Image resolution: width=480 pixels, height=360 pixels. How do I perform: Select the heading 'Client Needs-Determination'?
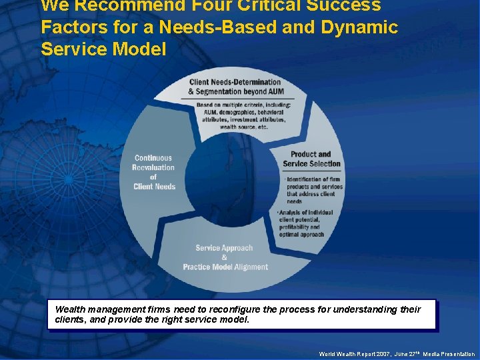click(x=235, y=83)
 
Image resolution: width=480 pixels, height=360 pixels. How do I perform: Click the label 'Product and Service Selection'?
click(x=311, y=159)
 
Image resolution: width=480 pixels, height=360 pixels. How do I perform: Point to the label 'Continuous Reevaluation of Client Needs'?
click(x=154, y=172)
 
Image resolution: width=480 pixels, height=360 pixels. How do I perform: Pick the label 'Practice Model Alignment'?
click(x=225, y=267)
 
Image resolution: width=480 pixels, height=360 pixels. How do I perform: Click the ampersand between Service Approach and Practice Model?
click(x=224, y=257)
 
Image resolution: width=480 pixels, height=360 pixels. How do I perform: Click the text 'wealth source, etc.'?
click(x=244, y=127)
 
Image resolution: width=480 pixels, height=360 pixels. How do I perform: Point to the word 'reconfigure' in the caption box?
click(x=248, y=309)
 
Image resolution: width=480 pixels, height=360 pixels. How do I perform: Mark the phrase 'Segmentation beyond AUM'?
click(x=236, y=91)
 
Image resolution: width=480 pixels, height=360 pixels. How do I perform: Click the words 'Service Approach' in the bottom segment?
click(x=224, y=248)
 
